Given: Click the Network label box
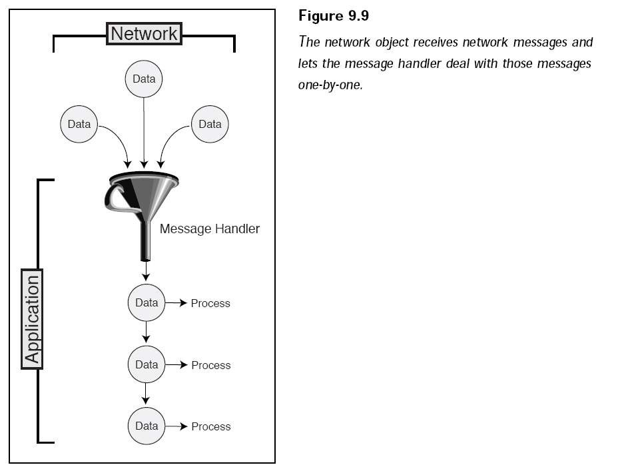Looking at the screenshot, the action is click(x=144, y=34).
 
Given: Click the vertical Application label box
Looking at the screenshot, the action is click(x=32, y=319).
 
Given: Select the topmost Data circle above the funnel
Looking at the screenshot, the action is click(x=144, y=79).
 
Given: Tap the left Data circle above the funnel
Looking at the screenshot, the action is click(x=79, y=124).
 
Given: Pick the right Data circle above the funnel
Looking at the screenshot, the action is click(x=210, y=124).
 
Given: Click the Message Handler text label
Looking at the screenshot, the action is click(x=210, y=229).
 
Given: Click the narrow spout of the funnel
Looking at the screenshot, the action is click(x=146, y=241).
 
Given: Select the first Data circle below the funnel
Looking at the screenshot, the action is click(x=147, y=302).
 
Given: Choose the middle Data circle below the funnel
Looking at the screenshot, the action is click(x=147, y=364).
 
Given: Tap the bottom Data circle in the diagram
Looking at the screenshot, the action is click(x=147, y=426).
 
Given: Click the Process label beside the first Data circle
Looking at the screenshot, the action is click(x=210, y=303).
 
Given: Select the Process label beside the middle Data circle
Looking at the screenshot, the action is click(x=211, y=365).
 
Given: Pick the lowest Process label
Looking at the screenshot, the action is click(x=211, y=426).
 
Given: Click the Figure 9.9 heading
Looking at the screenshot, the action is click(x=334, y=15).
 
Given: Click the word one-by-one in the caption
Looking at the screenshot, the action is click(x=331, y=85).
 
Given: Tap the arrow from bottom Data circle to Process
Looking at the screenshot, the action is click(x=176, y=426).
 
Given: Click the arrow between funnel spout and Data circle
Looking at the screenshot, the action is click(x=146, y=270).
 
